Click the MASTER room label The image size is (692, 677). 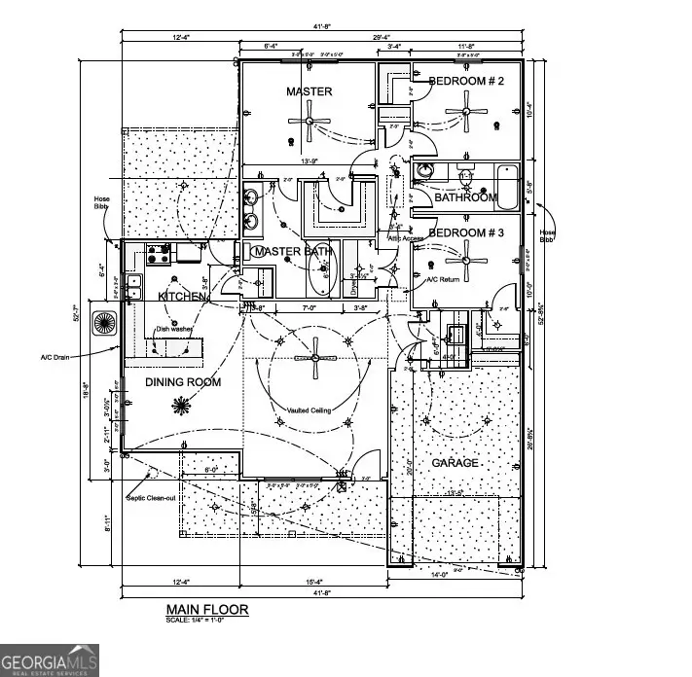[x=309, y=91]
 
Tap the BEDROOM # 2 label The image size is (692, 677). [x=466, y=82]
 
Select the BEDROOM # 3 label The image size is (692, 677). [x=466, y=233]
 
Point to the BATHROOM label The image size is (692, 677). [x=465, y=197]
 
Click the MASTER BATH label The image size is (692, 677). [x=292, y=252]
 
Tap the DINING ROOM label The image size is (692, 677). [x=183, y=382]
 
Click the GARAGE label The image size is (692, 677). [x=455, y=463]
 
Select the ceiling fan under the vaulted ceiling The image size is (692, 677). [x=312, y=358]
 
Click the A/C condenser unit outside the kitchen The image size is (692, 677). [x=103, y=323]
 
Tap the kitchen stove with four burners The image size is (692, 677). [x=159, y=254]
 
